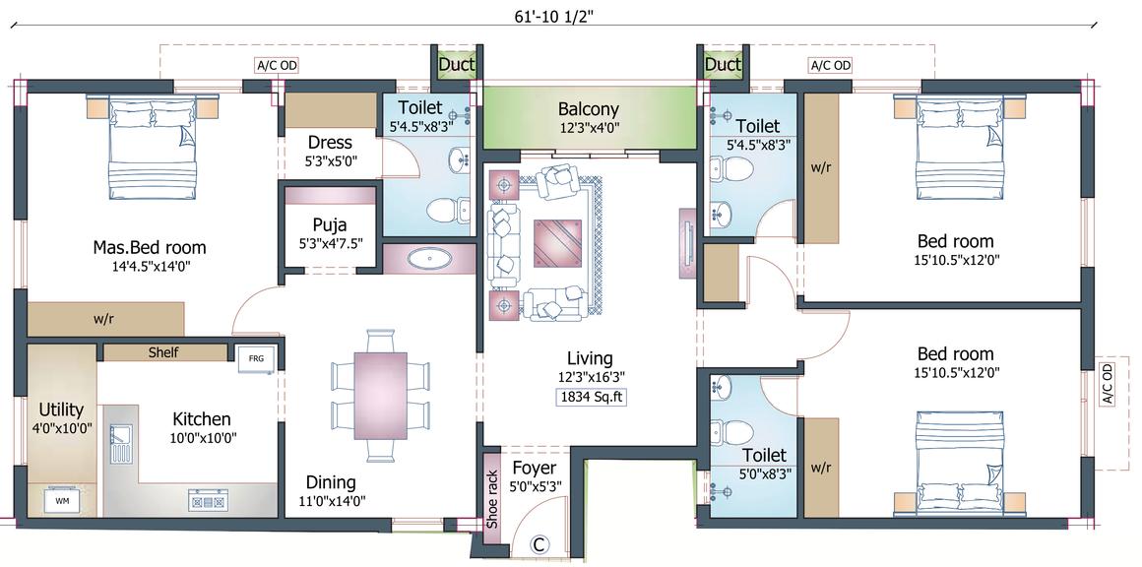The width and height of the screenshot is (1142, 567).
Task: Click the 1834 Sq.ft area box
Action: tap(591, 398)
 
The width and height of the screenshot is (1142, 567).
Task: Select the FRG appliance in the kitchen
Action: tap(256, 358)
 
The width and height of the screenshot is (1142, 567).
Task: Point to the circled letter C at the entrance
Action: tap(539, 543)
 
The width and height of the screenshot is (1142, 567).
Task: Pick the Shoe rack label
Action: tap(492, 498)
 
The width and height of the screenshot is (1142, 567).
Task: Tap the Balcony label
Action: tap(589, 109)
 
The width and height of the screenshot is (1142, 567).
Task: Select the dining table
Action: tap(380, 396)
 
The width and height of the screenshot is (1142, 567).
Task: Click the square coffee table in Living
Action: tap(558, 244)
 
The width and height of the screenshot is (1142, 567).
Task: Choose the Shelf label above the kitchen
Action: tap(163, 352)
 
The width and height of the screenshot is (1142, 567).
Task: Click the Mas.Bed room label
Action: tap(150, 247)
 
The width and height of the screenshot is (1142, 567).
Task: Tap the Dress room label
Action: tap(330, 142)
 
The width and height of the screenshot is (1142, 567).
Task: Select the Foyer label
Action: tap(534, 468)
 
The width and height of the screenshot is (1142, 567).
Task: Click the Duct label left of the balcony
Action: tap(456, 65)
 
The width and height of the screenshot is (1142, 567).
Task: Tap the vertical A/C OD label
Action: tap(1107, 384)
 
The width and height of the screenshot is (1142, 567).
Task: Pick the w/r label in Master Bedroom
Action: tap(102, 319)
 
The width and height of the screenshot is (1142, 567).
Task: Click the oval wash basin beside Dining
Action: tap(424, 258)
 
